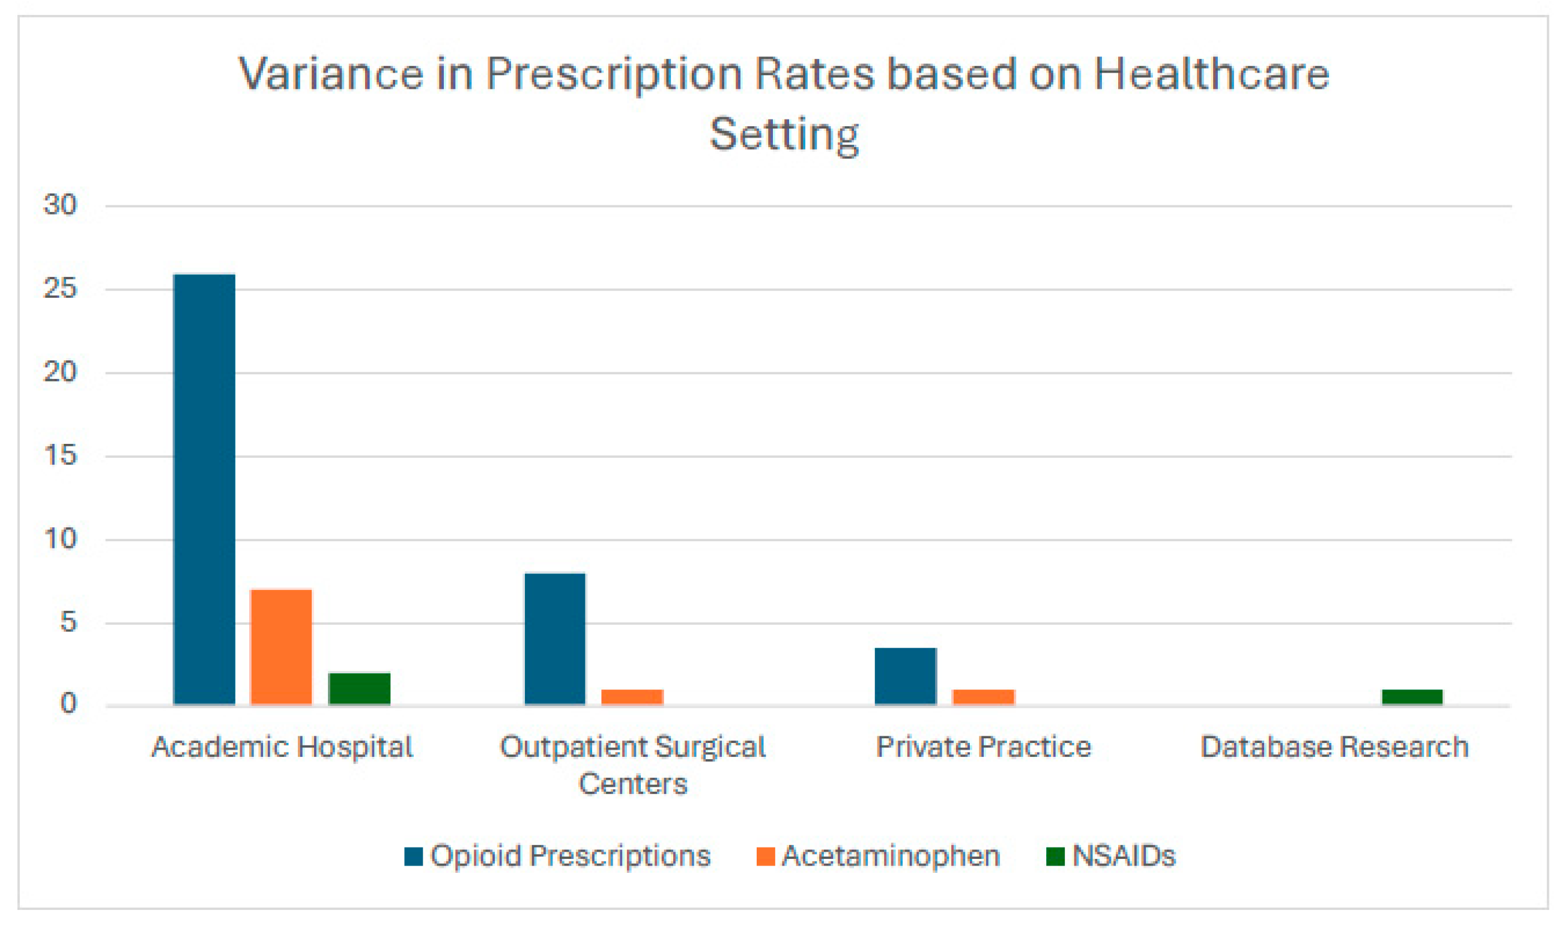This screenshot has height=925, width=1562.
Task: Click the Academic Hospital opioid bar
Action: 204,490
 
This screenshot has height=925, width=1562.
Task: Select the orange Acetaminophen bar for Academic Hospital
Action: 280,647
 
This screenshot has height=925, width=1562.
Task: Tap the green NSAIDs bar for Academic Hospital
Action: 359,689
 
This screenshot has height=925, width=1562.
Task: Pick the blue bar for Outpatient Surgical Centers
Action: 554,639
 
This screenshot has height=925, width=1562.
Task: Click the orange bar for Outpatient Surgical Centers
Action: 632,697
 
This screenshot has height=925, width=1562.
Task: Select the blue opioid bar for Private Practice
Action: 904,676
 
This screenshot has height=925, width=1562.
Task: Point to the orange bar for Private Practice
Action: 983,697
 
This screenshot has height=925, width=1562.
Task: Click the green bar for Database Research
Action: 1411,697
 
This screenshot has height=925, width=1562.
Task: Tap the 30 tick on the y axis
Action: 60,204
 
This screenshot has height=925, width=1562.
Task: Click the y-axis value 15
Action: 60,456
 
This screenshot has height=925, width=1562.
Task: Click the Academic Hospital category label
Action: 282,747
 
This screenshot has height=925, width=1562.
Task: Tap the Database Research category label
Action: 1334,747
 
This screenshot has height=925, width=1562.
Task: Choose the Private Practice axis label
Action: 983,747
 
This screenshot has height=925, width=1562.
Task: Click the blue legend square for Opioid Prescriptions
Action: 413,857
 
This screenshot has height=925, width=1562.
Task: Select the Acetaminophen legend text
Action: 891,856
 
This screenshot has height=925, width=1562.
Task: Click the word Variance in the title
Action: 331,74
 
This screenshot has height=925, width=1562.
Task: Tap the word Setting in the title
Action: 784,134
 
